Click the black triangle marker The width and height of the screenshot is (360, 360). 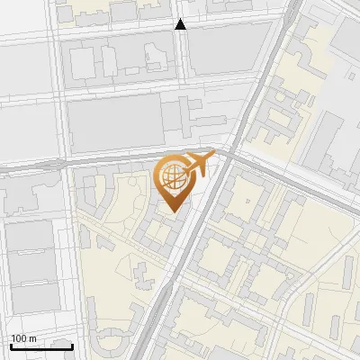click(180, 25)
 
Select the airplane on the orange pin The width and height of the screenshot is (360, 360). click(198, 165)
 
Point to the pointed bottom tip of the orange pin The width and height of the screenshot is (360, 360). click(172, 211)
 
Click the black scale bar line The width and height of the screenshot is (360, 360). click(41, 346)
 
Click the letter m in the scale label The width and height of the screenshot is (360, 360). click(33, 338)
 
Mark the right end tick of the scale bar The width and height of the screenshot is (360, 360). click(72, 345)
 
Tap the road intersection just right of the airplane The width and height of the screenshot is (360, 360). click(225, 155)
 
